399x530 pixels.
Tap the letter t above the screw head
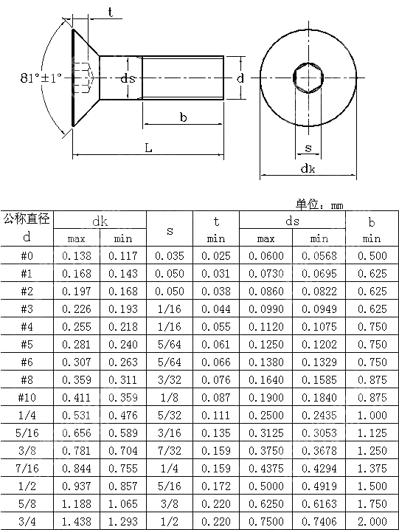[x=111, y=12]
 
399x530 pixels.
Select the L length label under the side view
[x=148, y=148]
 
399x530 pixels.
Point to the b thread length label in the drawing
[x=183, y=117]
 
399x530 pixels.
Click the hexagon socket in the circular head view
[x=308, y=77]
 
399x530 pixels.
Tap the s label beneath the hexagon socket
[x=308, y=148]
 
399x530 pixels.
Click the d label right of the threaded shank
[x=240, y=78]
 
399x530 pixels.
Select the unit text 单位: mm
[x=320, y=204]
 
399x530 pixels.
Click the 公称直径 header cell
[x=27, y=218]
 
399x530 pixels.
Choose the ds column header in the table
[x=292, y=221]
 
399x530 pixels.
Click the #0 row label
[x=27, y=255]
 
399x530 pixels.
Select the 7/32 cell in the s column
[x=170, y=450]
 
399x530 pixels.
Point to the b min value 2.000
[x=372, y=521]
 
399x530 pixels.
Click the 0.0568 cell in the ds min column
[x=319, y=255]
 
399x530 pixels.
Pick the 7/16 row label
[x=27, y=468]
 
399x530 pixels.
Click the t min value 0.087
[x=215, y=397]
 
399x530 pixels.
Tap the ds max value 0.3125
[x=266, y=433]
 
